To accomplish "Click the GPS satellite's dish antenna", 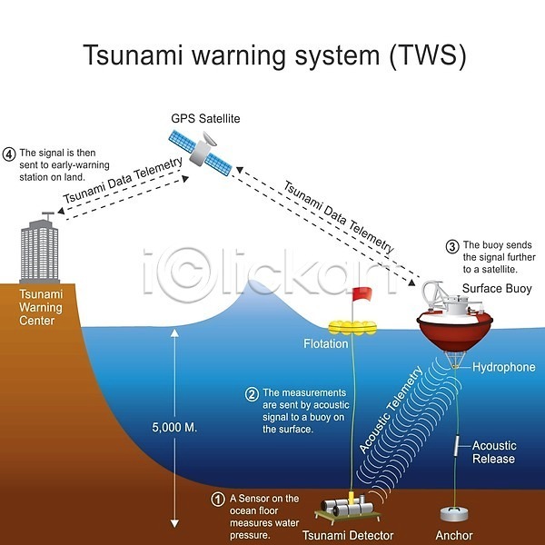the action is pyautogui.click(x=209, y=139).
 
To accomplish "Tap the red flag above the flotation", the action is pyautogui.click(x=362, y=294).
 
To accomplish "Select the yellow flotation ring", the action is pyautogui.click(x=352, y=327).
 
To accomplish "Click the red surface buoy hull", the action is pyautogui.click(x=455, y=331).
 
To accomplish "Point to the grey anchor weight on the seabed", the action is pyautogui.click(x=454, y=514).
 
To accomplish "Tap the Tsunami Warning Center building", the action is pyautogui.click(x=39, y=251).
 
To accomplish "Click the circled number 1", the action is pyautogui.click(x=218, y=500).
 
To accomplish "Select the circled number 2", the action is pyautogui.click(x=252, y=394).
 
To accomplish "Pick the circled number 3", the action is pyautogui.click(x=452, y=246).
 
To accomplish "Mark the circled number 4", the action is pyautogui.click(x=9, y=154).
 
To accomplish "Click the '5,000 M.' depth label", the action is pyautogui.click(x=174, y=427).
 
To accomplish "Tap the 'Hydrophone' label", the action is pyautogui.click(x=503, y=367).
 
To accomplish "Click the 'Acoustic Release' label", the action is pyautogui.click(x=494, y=452).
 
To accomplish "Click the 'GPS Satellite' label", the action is pyautogui.click(x=205, y=118).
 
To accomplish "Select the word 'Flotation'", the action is pyautogui.click(x=326, y=343).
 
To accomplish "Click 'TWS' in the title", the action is pyautogui.click(x=428, y=54).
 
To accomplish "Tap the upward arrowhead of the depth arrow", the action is pyautogui.click(x=174, y=333).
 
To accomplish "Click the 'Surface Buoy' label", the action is pyautogui.click(x=497, y=289).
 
